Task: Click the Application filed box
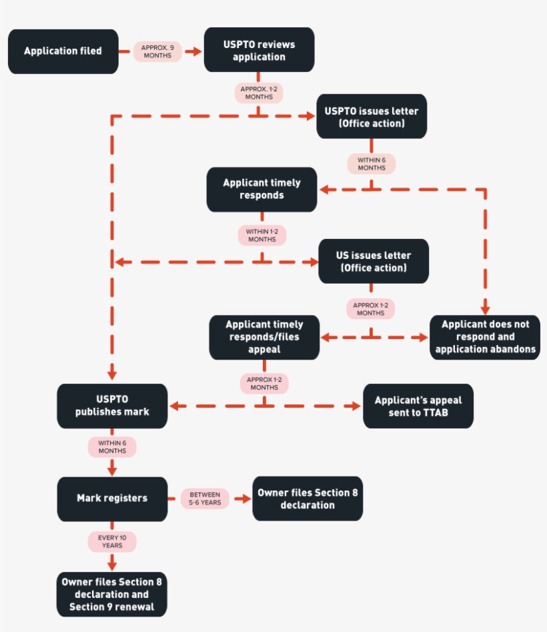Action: click(x=63, y=51)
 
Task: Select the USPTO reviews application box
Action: click(x=259, y=50)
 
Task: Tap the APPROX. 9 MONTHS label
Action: click(x=157, y=51)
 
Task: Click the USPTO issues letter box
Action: click(x=372, y=116)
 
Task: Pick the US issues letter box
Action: click(x=374, y=261)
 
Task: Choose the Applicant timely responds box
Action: click(x=261, y=189)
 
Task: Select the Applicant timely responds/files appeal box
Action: click(x=264, y=336)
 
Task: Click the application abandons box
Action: click(x=485, y=337)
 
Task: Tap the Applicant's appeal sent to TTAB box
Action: click(x=418, y=406)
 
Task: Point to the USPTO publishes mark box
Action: click(x=112, y=406)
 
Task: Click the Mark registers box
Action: click(x=112, y=498)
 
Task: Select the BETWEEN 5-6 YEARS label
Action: click(x=205, y=499)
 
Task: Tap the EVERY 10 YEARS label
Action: click(x=112, y=541)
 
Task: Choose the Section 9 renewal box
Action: click(x=111, y=594)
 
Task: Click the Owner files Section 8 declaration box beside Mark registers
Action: click(x=308, y=499)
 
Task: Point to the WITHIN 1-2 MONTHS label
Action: click(x=262, y=235)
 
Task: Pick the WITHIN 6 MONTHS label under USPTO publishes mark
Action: click(x=112, y=446)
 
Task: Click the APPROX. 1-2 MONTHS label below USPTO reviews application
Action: click(x=259, y=93)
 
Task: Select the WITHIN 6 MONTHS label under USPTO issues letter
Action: click(x=372, y=164)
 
